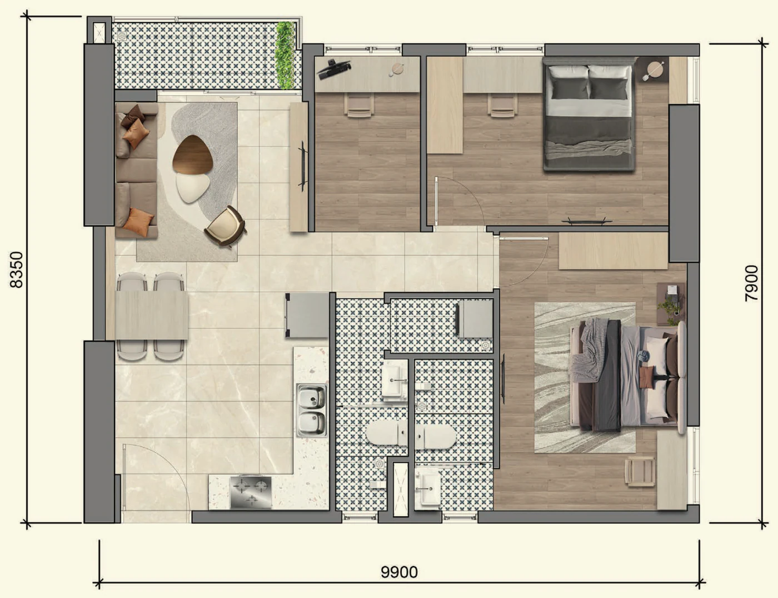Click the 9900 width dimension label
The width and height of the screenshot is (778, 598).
pyautogui.click(x=399, y=572)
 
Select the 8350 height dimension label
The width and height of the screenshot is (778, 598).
pyautogui.click(x=17, y=270)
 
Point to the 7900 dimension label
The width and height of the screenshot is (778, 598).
pyautogui.click(x=751, y=283)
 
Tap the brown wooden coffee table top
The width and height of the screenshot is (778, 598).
pyautogui.click(x=193, y=155)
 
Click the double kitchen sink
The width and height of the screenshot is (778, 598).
pyautogui.click(x=312, y=411)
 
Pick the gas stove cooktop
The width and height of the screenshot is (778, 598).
pyautogui.click(x=251, y=492)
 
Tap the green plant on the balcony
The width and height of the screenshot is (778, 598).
pyautogui.click(x=285, y=55)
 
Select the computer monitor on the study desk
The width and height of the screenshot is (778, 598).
pyautogui.click(x=333, y=69)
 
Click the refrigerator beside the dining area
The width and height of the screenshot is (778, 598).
pyautogui.click(x=307, y=315)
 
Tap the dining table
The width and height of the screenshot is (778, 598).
pyautogui.click(x=152, y=315)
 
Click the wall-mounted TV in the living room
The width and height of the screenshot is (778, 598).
pyautogui.click(x=303, y=166)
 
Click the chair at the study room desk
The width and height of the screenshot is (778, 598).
pyautogui.click(x=359, y=105)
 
